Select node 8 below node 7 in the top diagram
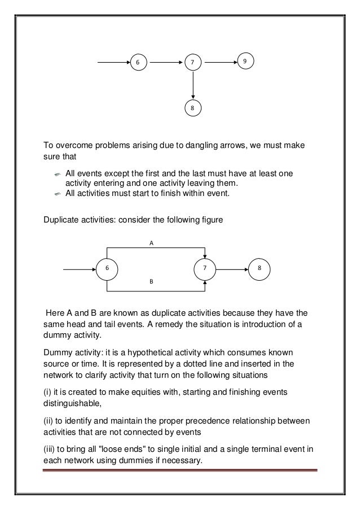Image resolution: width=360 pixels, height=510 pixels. (193, 107)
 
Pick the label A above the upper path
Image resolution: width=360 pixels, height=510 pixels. (151, 242)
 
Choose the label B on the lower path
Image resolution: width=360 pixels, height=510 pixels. (151, 280)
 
